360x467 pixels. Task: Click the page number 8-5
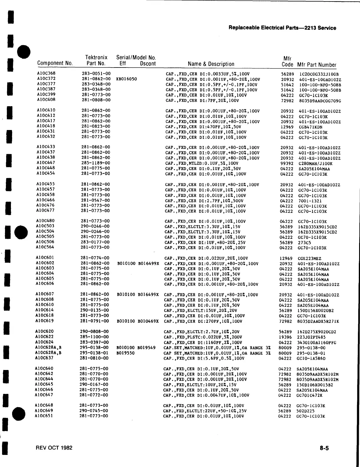click(x=324, y=448)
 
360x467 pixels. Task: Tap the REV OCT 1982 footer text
click(x=54, y=448)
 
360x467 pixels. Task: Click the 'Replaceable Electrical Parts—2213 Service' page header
click(x=282, y=28)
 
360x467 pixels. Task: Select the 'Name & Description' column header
click(x=211, y=64)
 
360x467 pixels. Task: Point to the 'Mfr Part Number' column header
click(x=317, y=65)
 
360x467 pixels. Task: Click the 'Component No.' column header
click(x=55, y=63)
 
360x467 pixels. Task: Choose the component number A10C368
click(x=46, y=73)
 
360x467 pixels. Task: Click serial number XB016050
click(x=126, y=79)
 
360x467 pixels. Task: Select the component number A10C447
click(x=46, y=162)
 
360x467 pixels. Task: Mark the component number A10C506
click(x=45, y=242)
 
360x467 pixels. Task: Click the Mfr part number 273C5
click(x=304, y=243)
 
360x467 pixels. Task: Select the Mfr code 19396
click(x=285, y=337)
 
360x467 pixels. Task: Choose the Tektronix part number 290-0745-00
click(x=94, y=410)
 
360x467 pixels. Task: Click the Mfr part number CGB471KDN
click(x=311, y=127)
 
